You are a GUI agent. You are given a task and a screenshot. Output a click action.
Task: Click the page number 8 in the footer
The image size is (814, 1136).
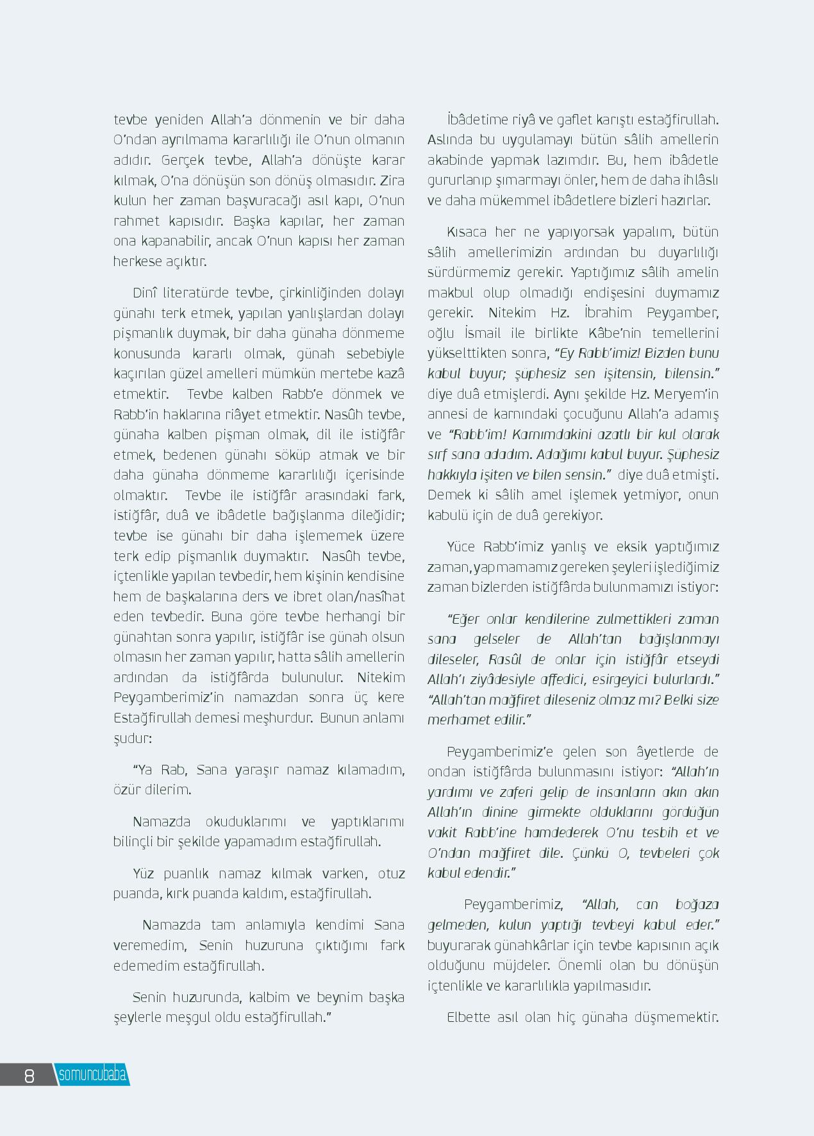point(29,1075)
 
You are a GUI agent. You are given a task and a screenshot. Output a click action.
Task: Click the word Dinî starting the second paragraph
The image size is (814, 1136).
point(144,293)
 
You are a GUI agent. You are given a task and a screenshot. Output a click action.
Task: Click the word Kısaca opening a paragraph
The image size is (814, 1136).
point(466,232)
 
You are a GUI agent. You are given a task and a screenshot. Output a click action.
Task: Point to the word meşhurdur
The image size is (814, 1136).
point(277,717)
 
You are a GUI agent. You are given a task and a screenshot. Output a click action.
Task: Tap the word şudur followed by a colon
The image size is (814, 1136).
point(131,738)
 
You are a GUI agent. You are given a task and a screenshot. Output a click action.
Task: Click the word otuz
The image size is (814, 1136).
point(391,874)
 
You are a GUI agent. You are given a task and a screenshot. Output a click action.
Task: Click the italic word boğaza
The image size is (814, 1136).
point(697,905)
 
